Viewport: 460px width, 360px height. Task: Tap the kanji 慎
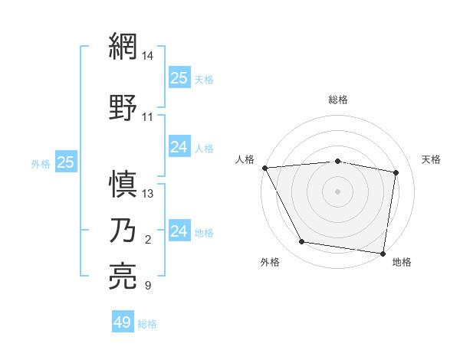[124, 184]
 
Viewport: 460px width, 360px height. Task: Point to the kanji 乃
[124, 231]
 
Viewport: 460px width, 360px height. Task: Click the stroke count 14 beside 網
[148, 56]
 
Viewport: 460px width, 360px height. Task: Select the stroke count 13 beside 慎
[148, 193]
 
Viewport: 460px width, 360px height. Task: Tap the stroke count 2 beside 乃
[148, 241]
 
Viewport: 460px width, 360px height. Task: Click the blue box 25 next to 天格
[179, 78]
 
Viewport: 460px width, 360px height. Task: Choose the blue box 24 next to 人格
[179, 148]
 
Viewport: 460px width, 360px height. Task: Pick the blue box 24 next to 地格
[179, 231]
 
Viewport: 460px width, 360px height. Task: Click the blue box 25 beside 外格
[66, 162]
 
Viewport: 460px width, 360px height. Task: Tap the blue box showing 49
[123, 322]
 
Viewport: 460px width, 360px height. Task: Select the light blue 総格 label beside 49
[148, 324]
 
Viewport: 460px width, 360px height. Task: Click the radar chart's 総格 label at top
[337, 100]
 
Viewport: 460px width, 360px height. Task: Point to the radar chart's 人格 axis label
[245, 159]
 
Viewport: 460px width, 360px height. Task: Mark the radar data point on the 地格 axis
[383, 253]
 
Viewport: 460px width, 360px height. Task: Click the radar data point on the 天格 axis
[396, 172]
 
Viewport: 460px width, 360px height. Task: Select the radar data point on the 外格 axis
[301, 243]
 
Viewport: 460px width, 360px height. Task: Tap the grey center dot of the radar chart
[337, 191]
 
